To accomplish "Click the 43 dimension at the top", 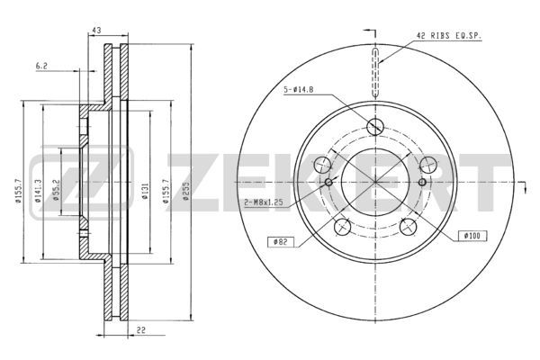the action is coord(97,31).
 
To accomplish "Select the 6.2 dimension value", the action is coord(41,66).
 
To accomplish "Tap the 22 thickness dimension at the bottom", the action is coord(141,330).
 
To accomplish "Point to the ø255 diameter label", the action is coord(186,191).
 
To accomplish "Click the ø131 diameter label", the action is coord(145,191).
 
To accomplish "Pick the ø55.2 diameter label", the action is coord(56,190).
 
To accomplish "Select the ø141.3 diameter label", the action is coord(38,190).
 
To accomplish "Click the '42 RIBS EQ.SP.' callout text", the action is coord(448,35).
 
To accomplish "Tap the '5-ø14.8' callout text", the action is coord(298,90).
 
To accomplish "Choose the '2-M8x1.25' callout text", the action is coord(264,202).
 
